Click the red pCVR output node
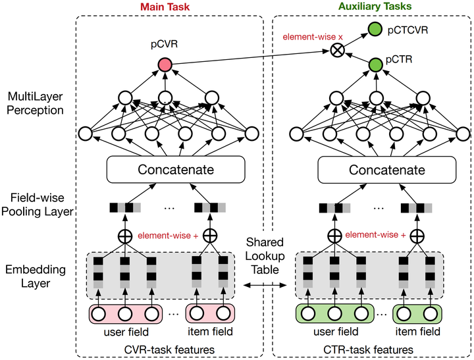tap(164, 64)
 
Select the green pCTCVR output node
tap(375, 29)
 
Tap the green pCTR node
tap(375, 64)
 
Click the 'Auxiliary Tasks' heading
tap(375, 7)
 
